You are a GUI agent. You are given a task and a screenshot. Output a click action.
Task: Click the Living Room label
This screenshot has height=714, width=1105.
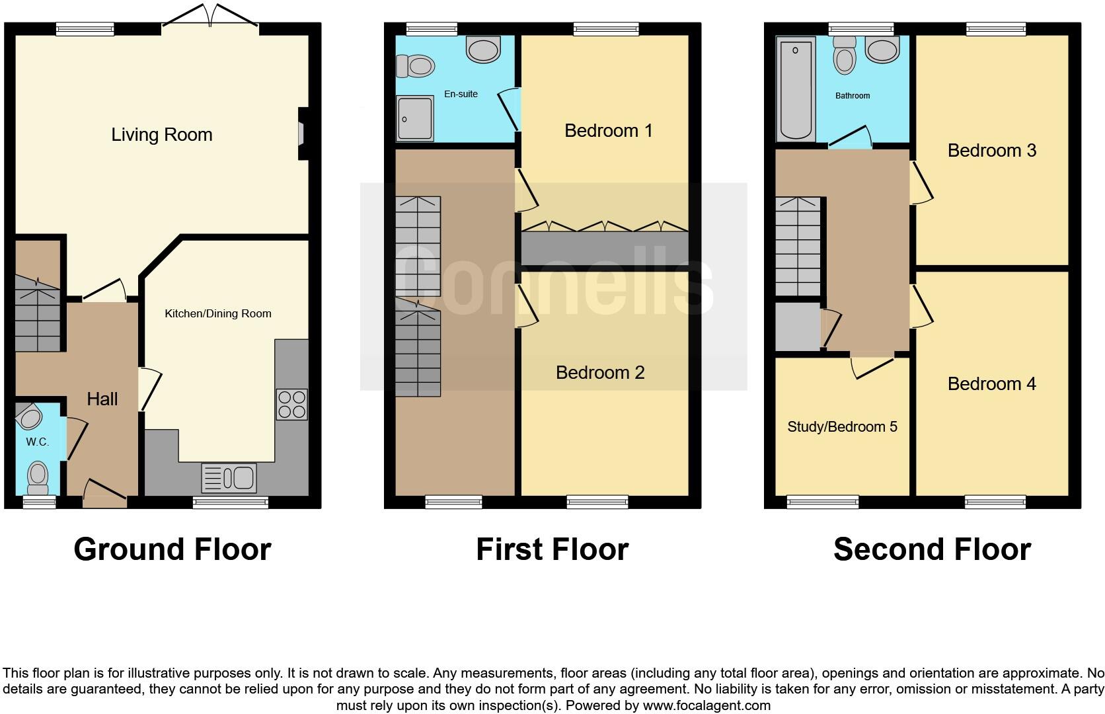[x=162, y=135]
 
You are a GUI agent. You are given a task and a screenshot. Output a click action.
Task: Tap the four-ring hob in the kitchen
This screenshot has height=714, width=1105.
[x=291, y=405]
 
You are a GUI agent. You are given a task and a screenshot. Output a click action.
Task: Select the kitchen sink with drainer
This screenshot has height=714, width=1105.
[x=229, y=478]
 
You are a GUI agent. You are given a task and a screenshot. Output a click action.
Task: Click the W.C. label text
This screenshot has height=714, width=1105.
[x=38, y=442]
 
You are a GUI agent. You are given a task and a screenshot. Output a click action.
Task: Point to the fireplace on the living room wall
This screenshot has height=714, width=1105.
[x=302, y=134]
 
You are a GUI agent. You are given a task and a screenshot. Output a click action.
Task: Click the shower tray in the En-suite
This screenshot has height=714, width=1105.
[x=415, y=118]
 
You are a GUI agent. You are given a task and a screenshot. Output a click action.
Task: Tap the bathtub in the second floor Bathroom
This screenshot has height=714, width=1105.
[x=796, y=89]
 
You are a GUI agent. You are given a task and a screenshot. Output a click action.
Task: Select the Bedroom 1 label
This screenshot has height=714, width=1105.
[x=608, y=131]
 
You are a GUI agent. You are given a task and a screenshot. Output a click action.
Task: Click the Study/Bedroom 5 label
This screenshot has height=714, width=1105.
[x=842, y=427]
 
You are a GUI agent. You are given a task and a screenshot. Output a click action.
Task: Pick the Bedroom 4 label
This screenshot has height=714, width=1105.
[x=991, y=384]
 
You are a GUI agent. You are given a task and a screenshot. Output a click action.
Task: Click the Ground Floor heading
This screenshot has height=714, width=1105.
[x=172, y=549]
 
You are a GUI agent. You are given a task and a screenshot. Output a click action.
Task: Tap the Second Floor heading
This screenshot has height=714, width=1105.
[x=932, y=549]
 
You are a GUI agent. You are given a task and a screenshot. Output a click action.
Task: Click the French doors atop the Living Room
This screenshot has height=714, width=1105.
[x=210, y=17]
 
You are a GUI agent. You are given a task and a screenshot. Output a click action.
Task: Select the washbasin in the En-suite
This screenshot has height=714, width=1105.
[x=483, y=49]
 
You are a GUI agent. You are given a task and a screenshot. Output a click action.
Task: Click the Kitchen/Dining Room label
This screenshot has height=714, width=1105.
[x=218, y=313]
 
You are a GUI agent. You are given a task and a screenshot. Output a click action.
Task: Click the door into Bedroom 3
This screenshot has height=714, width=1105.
[x=921, y=183]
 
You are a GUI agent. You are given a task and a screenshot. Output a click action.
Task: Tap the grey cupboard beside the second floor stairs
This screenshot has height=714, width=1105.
[x=797, y=327]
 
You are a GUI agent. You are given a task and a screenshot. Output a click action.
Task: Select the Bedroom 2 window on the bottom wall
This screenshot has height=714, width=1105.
[x=597, y=502]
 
